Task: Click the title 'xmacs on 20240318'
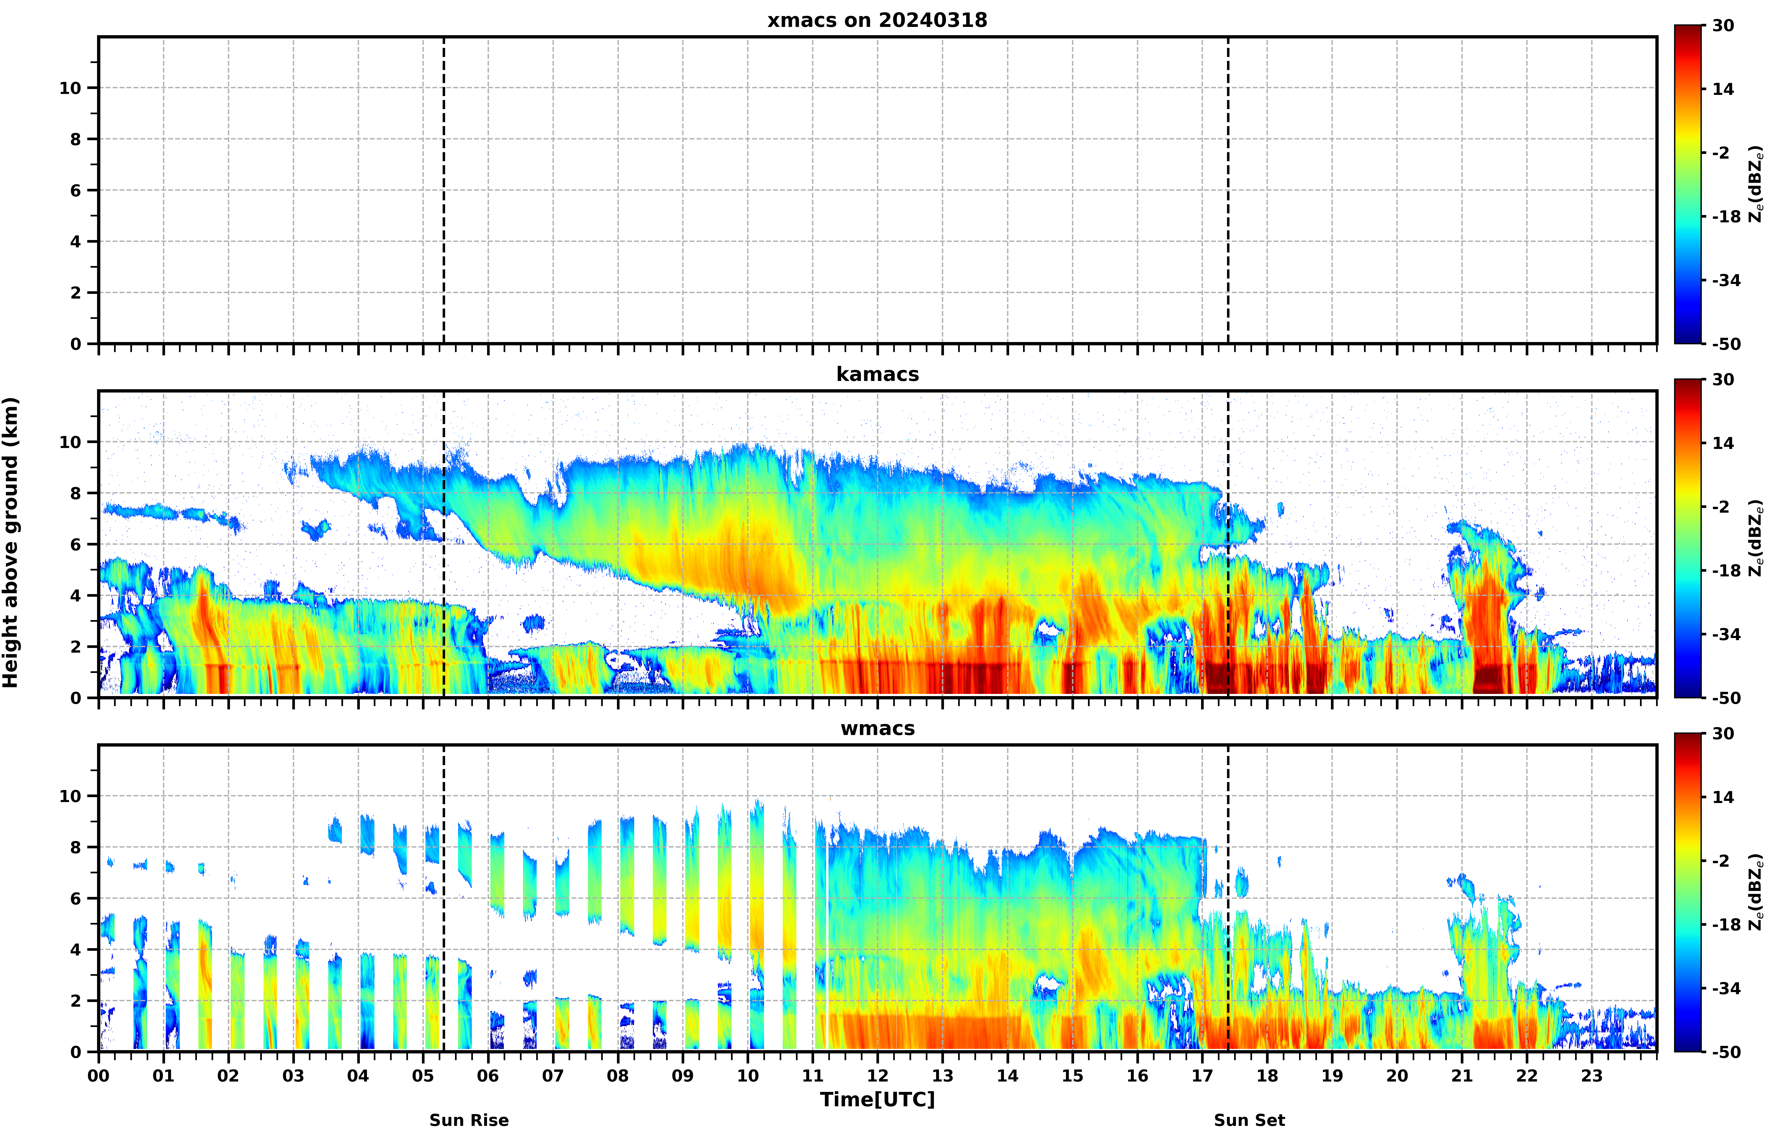877,20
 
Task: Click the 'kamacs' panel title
877,374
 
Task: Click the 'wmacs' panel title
877,728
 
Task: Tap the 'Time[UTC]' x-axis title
877,1099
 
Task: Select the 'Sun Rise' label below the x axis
469,1120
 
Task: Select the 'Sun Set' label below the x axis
1249,1120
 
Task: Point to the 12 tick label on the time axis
877,1076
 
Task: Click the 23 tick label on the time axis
1592,1076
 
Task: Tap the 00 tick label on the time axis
98,1076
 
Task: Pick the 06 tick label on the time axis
488,1076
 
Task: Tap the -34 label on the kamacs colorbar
1726,635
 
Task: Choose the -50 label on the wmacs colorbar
1726,1052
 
